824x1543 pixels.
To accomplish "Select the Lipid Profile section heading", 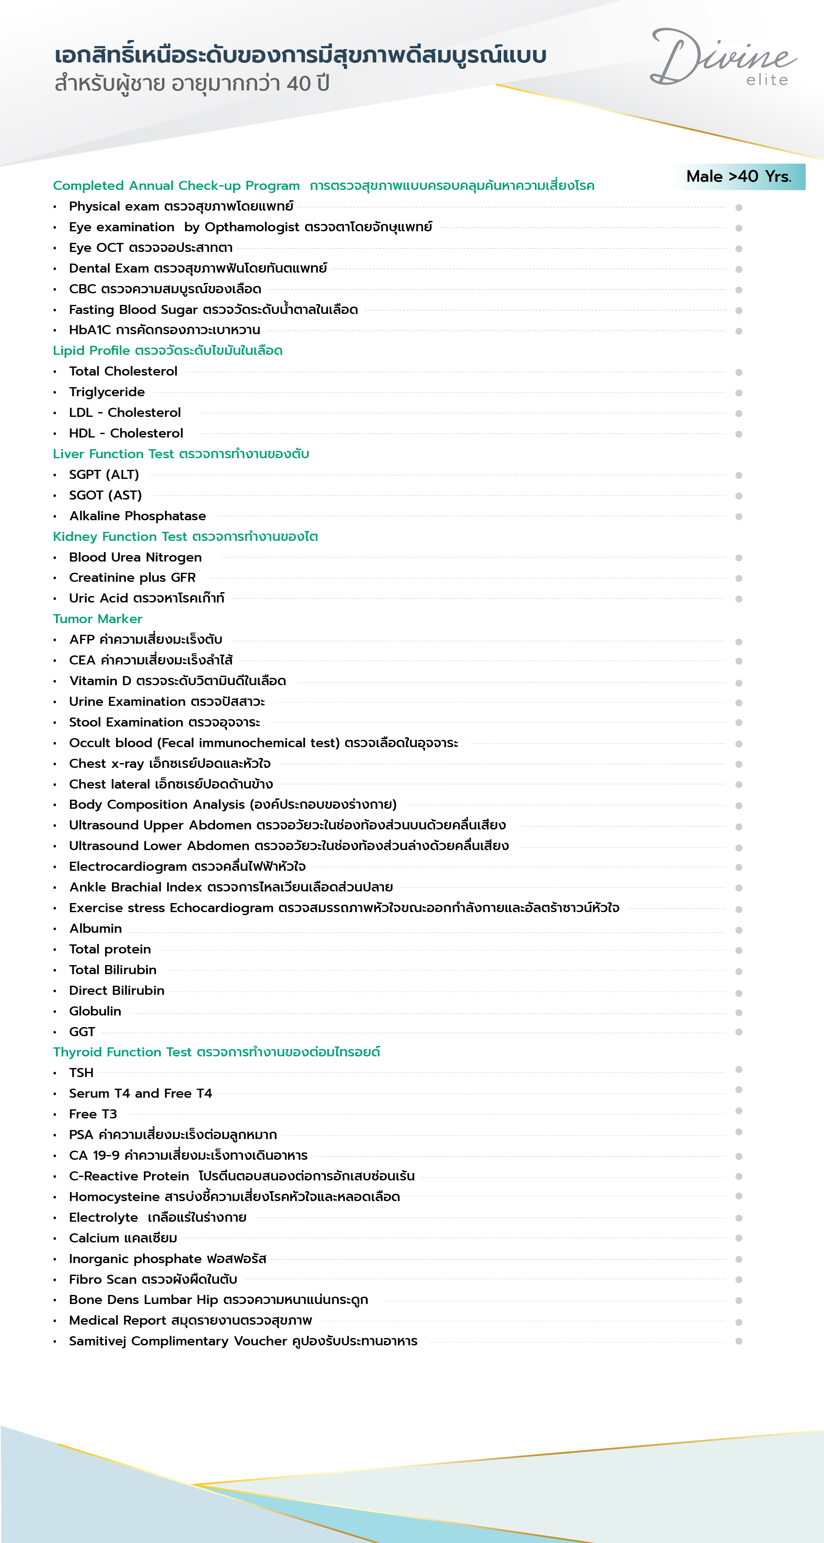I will click(167, 351).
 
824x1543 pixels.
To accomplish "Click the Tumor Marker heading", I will click(98, 619).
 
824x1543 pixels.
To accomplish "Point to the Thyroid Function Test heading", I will click(216, 1052).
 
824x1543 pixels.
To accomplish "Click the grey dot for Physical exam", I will click(739, 207).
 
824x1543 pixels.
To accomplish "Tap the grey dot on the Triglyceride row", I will click(739, 393).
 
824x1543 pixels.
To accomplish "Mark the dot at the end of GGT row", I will click(739, 1032).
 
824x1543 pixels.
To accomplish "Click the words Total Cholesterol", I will click(123, 371).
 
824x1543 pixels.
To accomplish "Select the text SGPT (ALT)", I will click(104, 475).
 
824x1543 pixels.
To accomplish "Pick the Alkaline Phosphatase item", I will click(137, 516).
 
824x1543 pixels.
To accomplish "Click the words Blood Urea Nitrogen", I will click(135, 557).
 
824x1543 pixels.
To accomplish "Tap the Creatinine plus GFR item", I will click(132, 577).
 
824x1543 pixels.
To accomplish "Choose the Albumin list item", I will click(95, 928).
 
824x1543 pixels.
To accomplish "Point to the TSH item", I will click(81, 1073).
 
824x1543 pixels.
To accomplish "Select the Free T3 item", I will click(93, 1114).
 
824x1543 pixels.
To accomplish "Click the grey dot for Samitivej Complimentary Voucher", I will click(739, 1341).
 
